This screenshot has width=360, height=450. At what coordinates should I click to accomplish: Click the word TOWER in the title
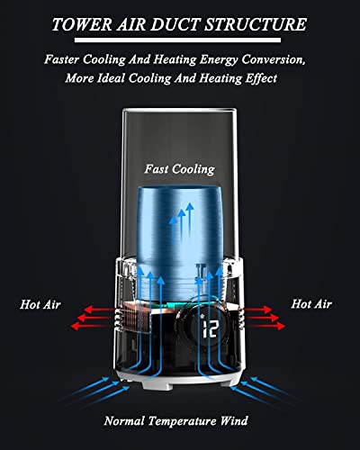[x=82, y=24]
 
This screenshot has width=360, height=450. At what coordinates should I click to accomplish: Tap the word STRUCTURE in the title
[x=255, y=24]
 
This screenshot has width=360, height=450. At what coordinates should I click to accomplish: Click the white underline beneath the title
[x=177, y=40]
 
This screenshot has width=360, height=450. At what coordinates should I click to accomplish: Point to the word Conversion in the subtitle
[x=274, y=59]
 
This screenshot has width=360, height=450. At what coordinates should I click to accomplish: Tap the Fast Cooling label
[x=179, y=169]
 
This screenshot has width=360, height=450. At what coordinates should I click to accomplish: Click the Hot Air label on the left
[x=40, y=304]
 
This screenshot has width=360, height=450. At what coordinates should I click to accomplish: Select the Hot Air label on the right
[x=311, y=304]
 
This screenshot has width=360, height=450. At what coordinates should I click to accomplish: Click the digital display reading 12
[x=210, y=328]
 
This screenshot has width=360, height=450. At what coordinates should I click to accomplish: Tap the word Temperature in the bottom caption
[x=182, y=421]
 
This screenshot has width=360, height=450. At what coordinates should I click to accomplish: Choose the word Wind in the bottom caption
[x=234, y=420]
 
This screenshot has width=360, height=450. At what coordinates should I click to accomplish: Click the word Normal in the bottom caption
[x=124, y=421]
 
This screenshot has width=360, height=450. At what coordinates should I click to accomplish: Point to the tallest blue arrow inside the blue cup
[x=190, y=219]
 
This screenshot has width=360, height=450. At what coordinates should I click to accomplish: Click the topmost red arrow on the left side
[x=99, y=310]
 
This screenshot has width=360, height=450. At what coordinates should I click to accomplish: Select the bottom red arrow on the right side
[x=265, y=326]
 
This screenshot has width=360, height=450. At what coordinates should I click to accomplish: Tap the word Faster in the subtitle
[x=62, y=59]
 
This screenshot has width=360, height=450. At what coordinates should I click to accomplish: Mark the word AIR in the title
[x=130, y=24]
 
